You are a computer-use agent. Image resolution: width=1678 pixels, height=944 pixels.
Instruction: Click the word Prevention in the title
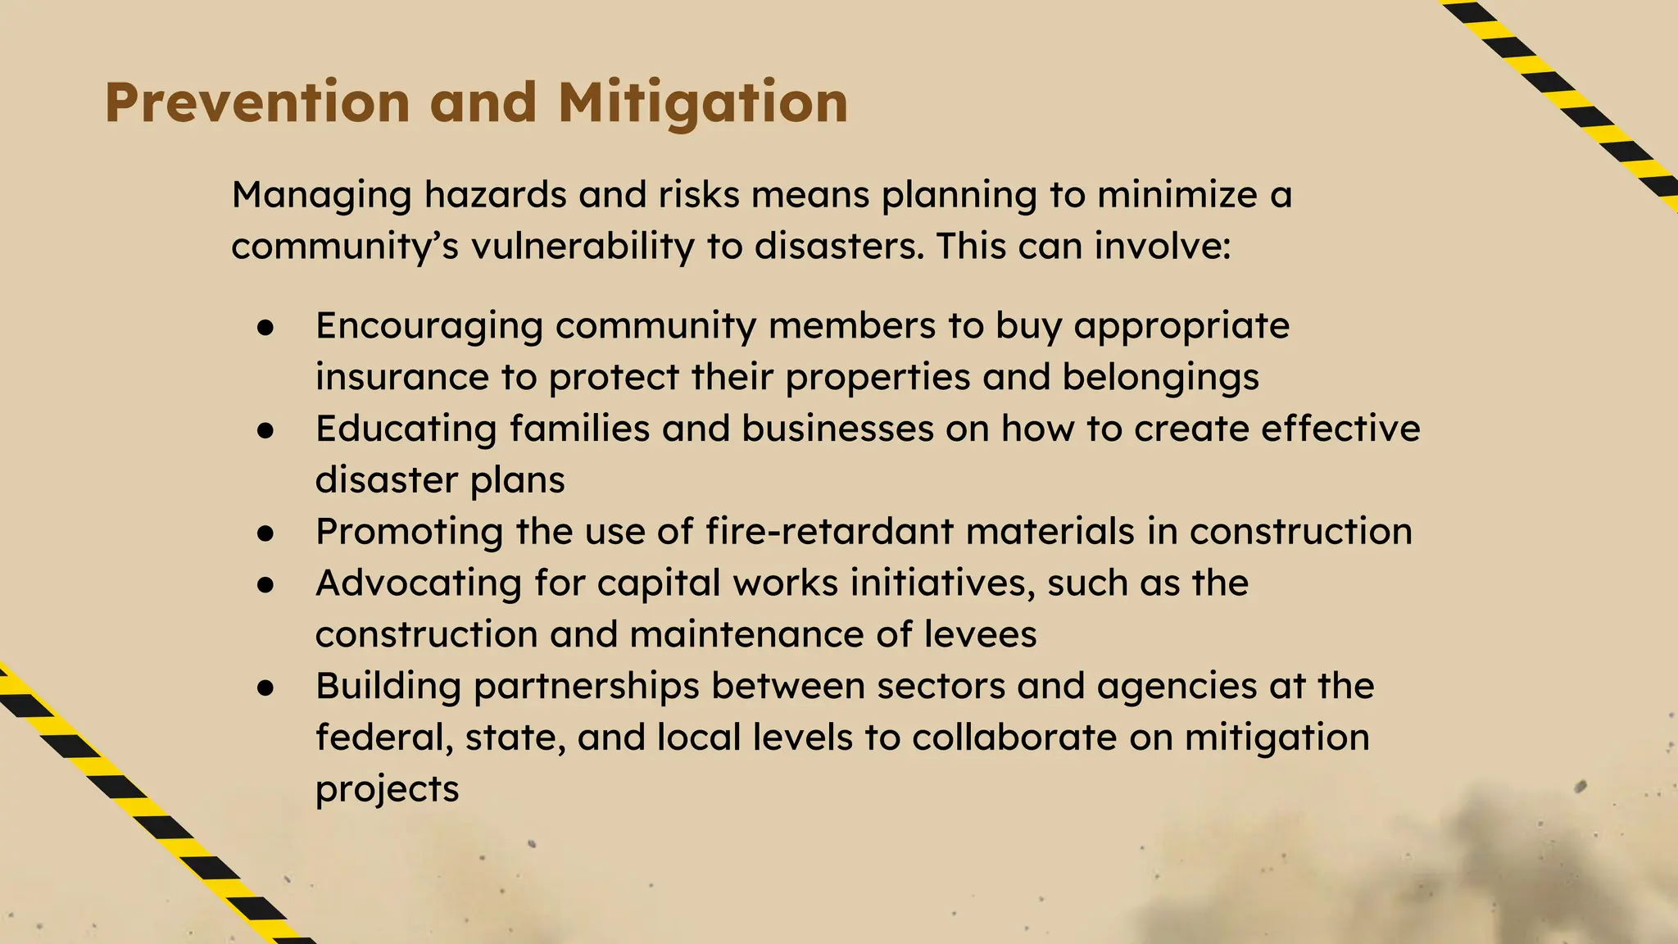click(256, 103)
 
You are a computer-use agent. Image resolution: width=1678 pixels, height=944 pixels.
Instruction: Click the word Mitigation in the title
click(703, 103)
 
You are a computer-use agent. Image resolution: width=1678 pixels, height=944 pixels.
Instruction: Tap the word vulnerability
click(583, 247)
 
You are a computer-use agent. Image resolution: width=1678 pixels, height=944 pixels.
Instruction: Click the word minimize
click(1177, 195)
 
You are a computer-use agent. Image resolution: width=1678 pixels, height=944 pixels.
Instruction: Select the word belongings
click(1161, 378)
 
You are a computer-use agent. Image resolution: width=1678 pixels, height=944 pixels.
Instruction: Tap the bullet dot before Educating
click(265, 430)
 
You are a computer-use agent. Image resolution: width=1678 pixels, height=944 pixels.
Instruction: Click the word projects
click(387, 790)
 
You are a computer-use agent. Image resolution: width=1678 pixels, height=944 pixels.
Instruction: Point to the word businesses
click(837, 429)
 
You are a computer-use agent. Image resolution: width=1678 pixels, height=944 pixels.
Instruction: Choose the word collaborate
click(1014, 737)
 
